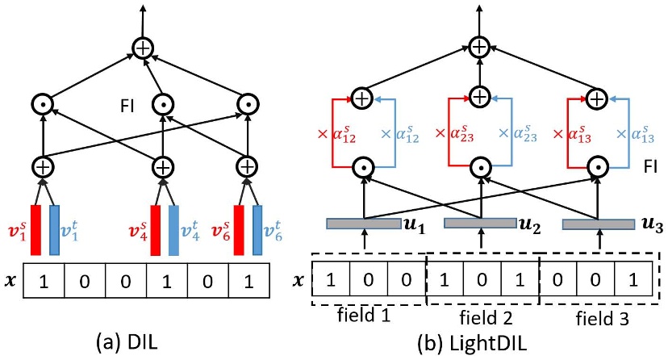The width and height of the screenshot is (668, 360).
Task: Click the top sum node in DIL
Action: coord(143,49)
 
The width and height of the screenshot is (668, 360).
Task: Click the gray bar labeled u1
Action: coord(363,222)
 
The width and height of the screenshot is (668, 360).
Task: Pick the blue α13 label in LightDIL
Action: coord(642,131)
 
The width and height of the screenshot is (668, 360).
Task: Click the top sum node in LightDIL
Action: coord(481,46)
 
